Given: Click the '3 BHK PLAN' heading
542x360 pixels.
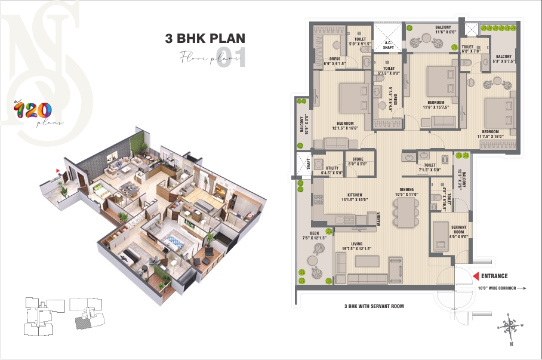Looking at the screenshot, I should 205,39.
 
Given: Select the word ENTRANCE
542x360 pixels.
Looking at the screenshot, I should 495,276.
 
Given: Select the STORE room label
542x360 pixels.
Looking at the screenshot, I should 358,159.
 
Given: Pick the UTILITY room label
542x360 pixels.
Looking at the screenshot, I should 332,169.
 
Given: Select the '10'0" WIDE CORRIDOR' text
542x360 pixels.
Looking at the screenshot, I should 499,288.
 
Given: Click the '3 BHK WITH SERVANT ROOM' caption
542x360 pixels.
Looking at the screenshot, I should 374,306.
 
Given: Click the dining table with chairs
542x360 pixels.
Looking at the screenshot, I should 399,212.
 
